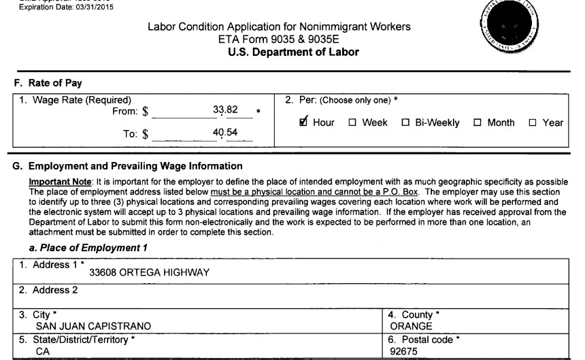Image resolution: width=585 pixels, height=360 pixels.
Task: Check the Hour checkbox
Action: [302, 122]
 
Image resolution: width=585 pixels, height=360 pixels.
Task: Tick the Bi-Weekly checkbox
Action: [405, 123]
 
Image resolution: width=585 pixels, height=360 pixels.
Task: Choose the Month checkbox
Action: [478, 123]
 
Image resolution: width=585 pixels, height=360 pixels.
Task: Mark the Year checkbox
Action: [533, 123]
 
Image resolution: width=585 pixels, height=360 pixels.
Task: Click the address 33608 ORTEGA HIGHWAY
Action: [148, 274]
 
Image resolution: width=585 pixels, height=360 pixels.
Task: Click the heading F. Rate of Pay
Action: [48, 83]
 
